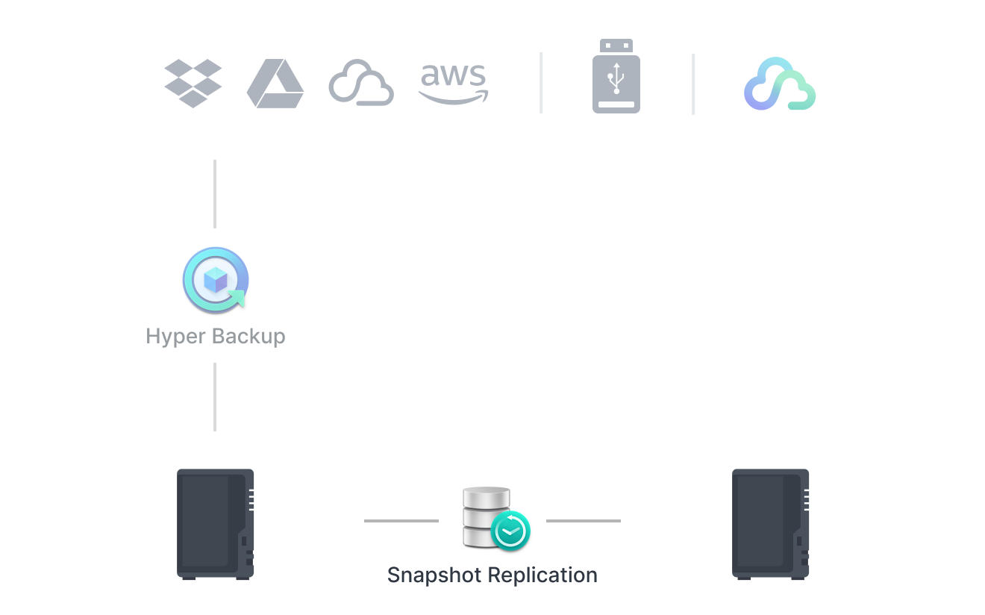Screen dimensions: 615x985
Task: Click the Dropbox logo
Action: pyautogui.click(x=193, y=83)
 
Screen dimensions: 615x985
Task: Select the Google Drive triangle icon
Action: pyautogui.click(x=275, y=84)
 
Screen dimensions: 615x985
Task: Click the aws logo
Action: pyautogui.click(x=454, y=83)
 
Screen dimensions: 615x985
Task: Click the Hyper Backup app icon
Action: pyautogui.click(x=215, y=280)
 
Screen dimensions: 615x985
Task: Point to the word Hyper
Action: pyautogui.click(x=175, y=337)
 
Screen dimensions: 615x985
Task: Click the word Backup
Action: pyautogui.click(x=247, y=336)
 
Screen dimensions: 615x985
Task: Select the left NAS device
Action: pyautogui.click(x=216, y=523)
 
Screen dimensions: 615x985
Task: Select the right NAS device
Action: pyautogui.click(x=770, y=523)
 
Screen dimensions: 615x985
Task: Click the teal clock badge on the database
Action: pyautogui.click(x=511, y=530)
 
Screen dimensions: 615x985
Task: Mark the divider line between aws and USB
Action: pyautogui.click(x=541, y=84)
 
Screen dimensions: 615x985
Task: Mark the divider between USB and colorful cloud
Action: pyautogui.click(x=693, y=84)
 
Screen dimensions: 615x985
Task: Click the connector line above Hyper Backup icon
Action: pyautogui.click(x=215, y=194)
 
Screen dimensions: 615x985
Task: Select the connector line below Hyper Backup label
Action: pyautogui.click(x=215, y=397)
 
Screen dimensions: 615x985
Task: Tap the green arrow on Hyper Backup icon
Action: pyautogui.click(x=237, y=299)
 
